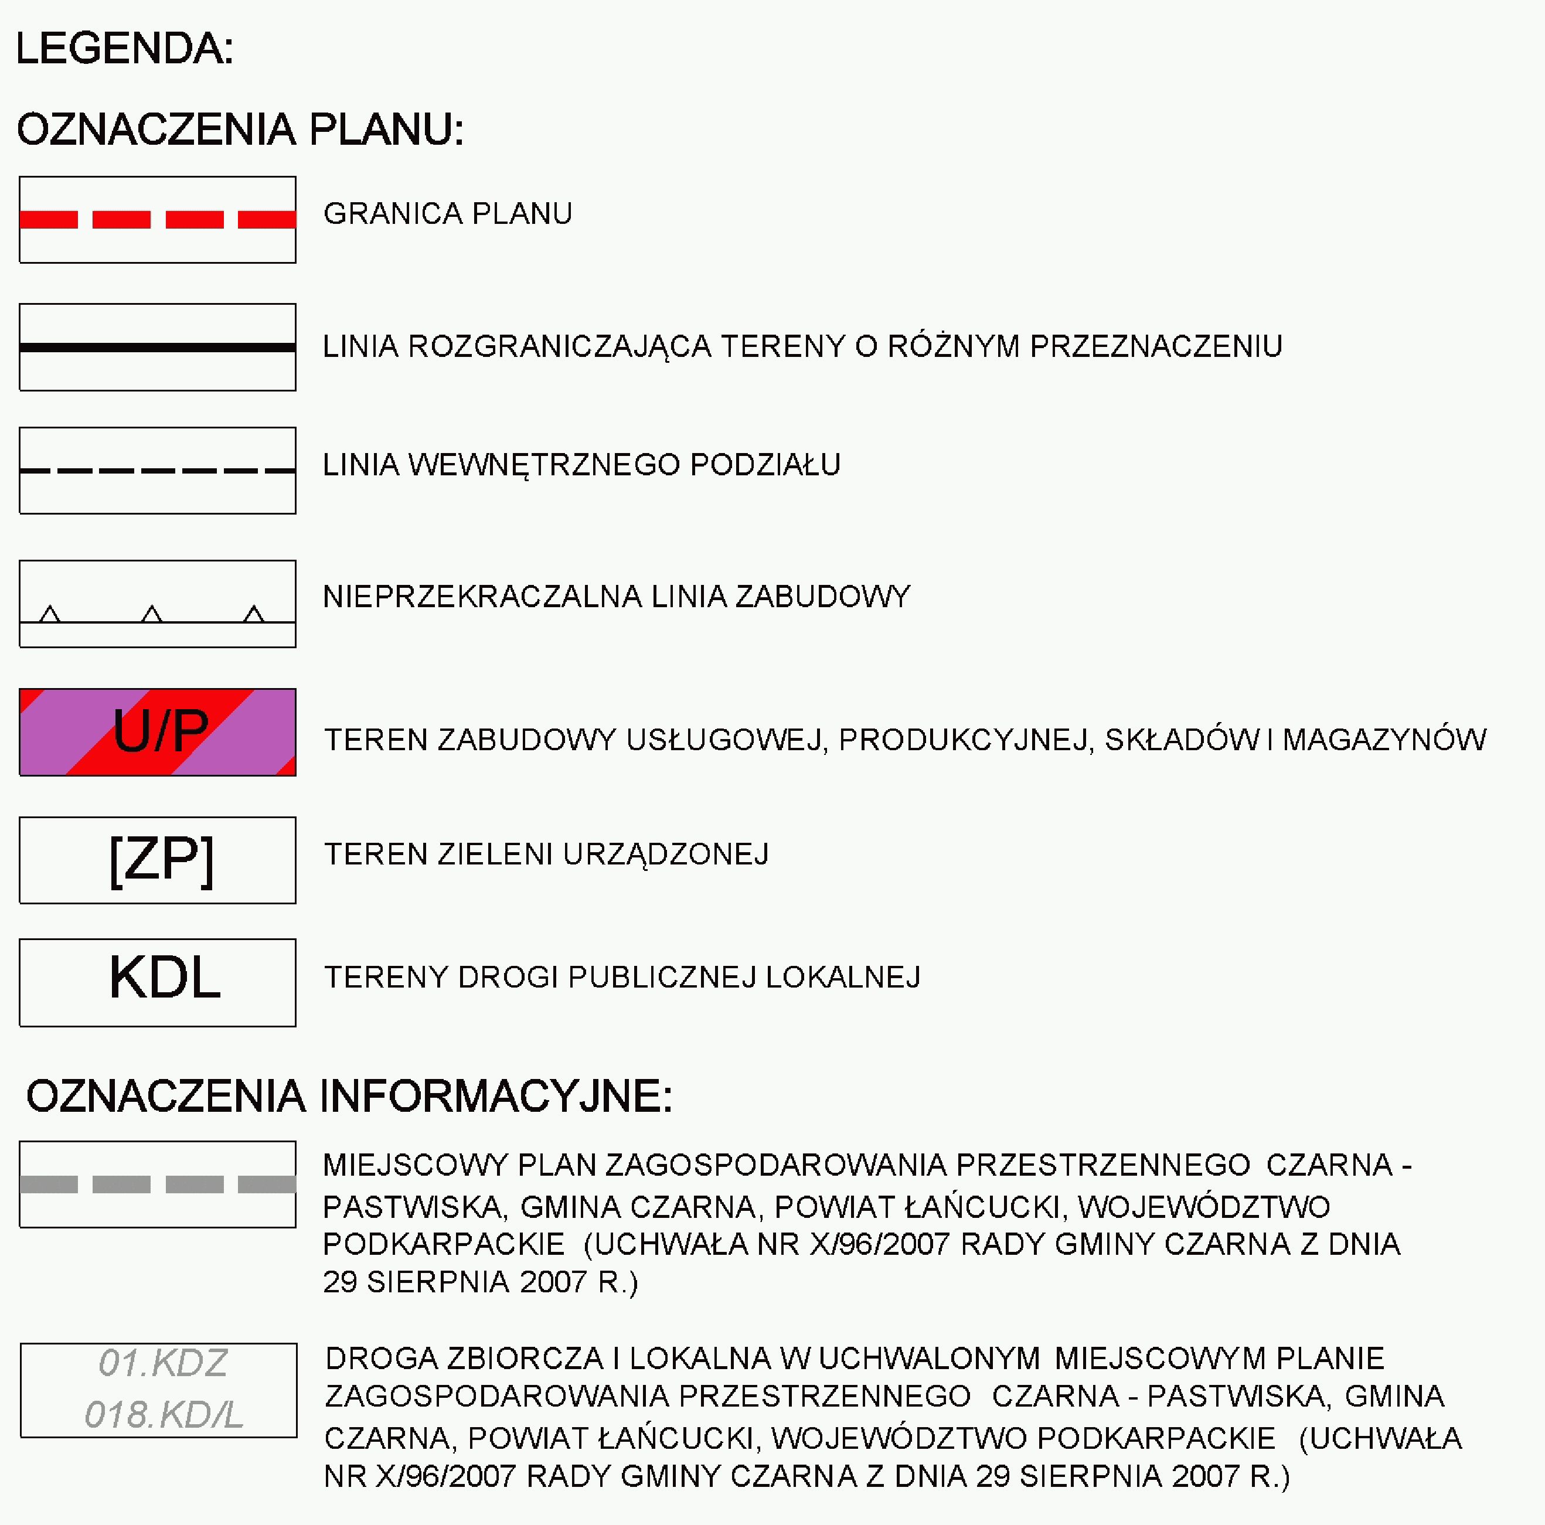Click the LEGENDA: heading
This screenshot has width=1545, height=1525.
click(x=124, y=49)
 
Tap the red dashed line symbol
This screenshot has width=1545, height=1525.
click(x=158, y=219)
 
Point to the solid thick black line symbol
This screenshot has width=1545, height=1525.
click(x=158, y=347)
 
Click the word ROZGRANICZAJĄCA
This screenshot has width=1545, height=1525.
click(x=559, y=347)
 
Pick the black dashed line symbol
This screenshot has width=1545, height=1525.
click(x=158, y=470)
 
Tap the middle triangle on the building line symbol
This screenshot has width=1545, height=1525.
click(x=152, y=614)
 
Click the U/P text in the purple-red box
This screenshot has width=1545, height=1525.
click(x=160, y=731)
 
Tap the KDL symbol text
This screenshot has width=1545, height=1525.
click(x=164, y=977)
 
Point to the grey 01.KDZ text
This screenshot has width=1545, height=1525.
click(x=162, y=1363)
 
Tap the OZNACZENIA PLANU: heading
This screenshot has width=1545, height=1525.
click(x=240, y=130)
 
